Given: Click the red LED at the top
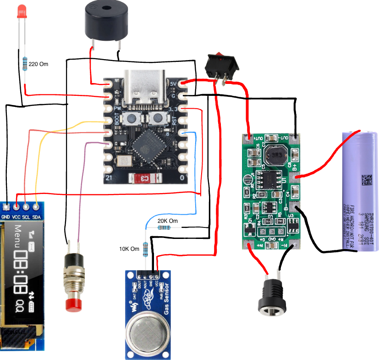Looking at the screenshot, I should (x=21, y=12).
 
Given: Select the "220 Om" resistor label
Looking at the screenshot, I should (x=38, y=64).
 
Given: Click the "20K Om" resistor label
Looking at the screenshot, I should (x=167, y=221).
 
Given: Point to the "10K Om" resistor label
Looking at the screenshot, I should (x=129, y=249).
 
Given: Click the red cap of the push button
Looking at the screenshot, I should (x=73, y=305).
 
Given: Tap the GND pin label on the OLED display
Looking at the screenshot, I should (x=6, y=217).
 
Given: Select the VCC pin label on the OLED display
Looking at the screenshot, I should (x=16, y=217).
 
